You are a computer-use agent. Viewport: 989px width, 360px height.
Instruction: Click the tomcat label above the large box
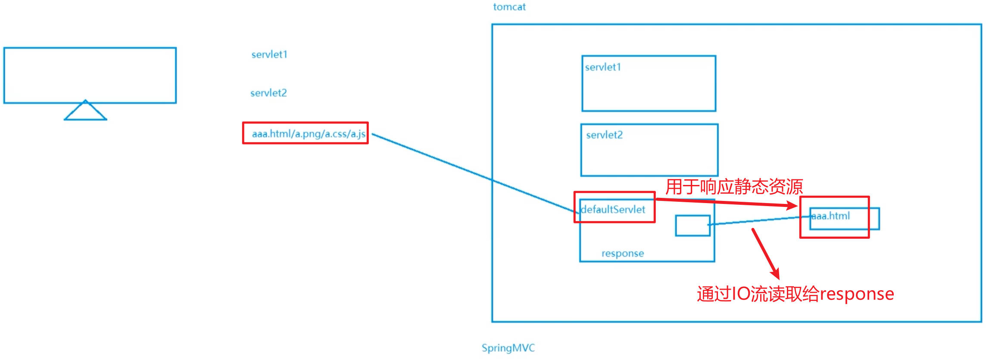point(509,7)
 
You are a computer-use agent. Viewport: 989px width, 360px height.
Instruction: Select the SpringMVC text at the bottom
point(508,348)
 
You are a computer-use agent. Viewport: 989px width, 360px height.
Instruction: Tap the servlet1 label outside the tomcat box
point(269,54)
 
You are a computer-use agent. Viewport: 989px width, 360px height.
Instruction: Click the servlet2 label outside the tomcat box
point(268,93)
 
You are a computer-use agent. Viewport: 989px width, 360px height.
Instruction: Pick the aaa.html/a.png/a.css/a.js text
point(309,134)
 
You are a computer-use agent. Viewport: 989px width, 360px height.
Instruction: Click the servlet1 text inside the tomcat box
point(603,67)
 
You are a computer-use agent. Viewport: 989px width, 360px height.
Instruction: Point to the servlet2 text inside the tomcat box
point(604,135)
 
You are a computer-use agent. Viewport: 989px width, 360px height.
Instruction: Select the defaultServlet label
point(613,210)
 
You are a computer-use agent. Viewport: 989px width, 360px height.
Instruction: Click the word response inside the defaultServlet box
point(623,254)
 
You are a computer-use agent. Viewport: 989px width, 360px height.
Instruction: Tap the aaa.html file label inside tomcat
point(830,216)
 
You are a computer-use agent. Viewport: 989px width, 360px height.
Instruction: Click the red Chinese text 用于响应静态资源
point(734,187)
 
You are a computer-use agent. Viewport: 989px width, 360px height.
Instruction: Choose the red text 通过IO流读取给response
point(796,294)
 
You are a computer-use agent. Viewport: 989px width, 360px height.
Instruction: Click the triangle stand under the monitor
point(85,112)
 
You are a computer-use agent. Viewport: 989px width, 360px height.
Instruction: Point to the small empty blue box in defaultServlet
point(693,225)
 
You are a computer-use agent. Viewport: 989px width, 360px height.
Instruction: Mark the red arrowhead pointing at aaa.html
point(793,205)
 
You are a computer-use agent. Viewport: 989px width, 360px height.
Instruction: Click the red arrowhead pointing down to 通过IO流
point(776,274)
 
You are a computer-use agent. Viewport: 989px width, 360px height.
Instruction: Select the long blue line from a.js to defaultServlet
point(474,172)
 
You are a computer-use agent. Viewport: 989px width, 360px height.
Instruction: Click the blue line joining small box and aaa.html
point(758,220)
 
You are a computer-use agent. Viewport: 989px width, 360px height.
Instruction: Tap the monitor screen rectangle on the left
point(90,75)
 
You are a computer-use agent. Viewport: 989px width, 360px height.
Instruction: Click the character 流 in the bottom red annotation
point(758,294)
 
